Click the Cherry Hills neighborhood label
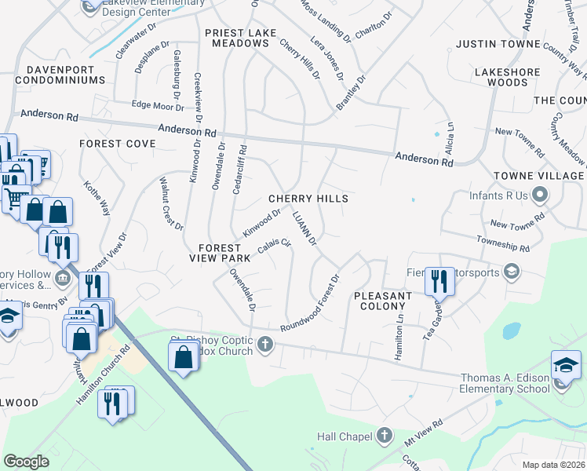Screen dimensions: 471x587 pyautogui.click(x=308, y=199)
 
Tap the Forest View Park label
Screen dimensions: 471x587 pyautogui.click(x=219, y=252)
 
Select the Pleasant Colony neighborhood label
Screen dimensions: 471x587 pyautogui.click(x=382, y=301)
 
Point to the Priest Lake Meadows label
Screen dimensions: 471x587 pyautogui.click(x=236, y=38)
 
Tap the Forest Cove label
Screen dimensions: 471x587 pyautogui.click(x=117, y=144)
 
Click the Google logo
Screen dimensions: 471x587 pyautogui.click(x=26, y=462)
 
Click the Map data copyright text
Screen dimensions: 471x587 pyautogui.click(x=552, y=465)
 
